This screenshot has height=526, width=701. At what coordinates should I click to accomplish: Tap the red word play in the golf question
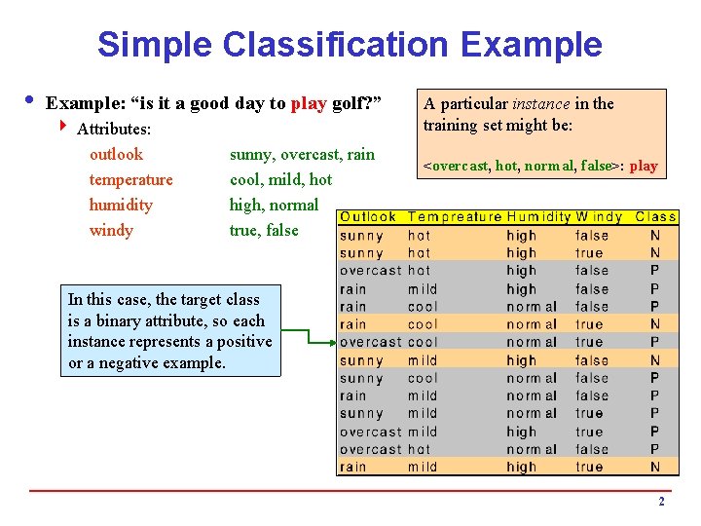click(309, 103)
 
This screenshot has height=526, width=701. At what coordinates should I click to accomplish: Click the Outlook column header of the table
click(368, 217)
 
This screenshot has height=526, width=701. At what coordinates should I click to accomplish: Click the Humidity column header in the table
click(537, 217)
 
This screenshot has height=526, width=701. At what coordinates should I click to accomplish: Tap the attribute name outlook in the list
click(116, 154)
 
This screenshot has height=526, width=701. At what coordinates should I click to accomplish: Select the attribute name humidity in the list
click(121, 205)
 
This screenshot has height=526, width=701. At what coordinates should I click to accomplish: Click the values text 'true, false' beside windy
click(264, 230)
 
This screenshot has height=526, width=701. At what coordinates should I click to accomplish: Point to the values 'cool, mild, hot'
click(280, 179)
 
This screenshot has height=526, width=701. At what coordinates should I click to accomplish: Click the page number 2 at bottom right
click(661, 502)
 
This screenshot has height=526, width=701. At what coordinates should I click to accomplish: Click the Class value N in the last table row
click(655, 467)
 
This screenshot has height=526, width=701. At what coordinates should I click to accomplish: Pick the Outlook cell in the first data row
click(361, 236)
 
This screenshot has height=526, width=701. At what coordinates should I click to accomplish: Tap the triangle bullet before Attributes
click(63, 128)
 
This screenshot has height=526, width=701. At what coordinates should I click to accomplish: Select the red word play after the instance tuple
click(644, 166)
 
